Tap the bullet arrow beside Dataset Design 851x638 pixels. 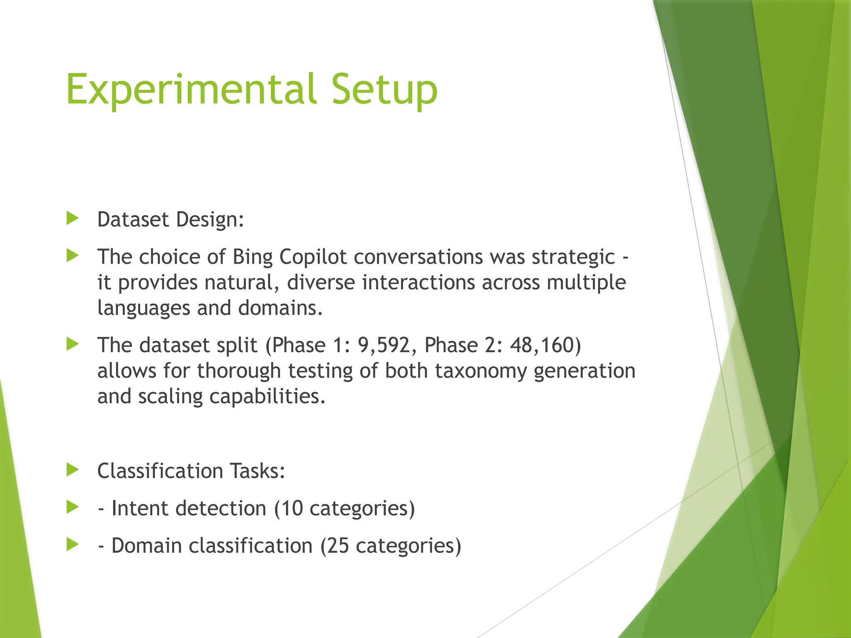72,218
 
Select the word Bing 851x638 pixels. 252,257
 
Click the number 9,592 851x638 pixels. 384,346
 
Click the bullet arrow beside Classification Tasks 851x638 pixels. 72,470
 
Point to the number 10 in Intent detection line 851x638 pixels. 292,508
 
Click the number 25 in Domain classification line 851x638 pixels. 338,546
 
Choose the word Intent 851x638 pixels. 140,508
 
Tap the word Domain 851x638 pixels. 146,546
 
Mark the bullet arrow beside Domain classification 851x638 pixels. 72,545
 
